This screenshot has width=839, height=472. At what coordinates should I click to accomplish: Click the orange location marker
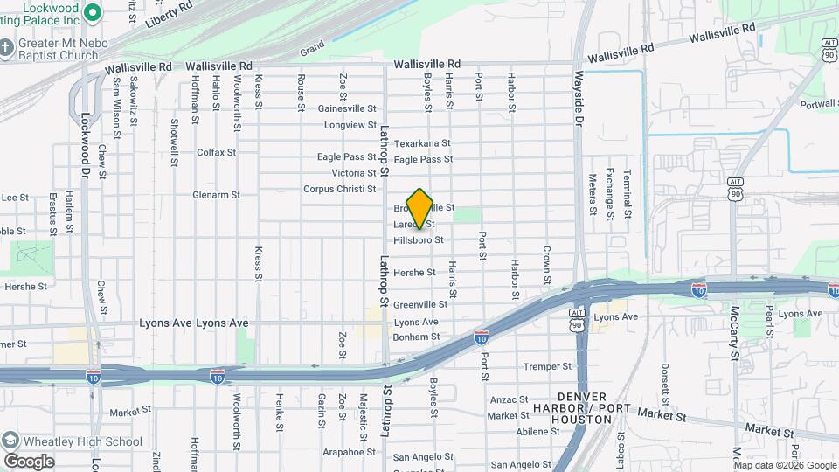(419, 208)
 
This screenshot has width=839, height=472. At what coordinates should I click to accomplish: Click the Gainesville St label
(347, 109)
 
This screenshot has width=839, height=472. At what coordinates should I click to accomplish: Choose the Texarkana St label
(421, 143)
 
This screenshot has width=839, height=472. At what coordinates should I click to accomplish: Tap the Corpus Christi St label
(339, 189)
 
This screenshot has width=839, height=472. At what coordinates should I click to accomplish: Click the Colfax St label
(216, 152)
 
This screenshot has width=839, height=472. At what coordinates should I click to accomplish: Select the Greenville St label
(419, 305)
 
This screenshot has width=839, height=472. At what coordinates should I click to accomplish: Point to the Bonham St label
(416, 337)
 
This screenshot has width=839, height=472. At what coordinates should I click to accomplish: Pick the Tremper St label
(546, 366)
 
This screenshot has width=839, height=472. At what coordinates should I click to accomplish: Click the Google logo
(29, 461)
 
